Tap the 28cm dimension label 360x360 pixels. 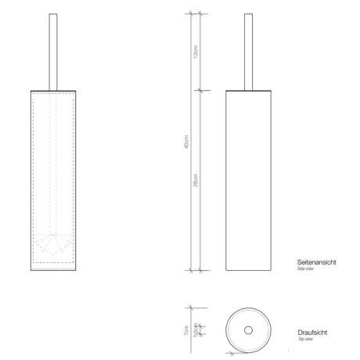click(x=196, y=181)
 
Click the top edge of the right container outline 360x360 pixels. click(x=249, y=90)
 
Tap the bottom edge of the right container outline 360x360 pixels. click(x=249, y=270)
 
